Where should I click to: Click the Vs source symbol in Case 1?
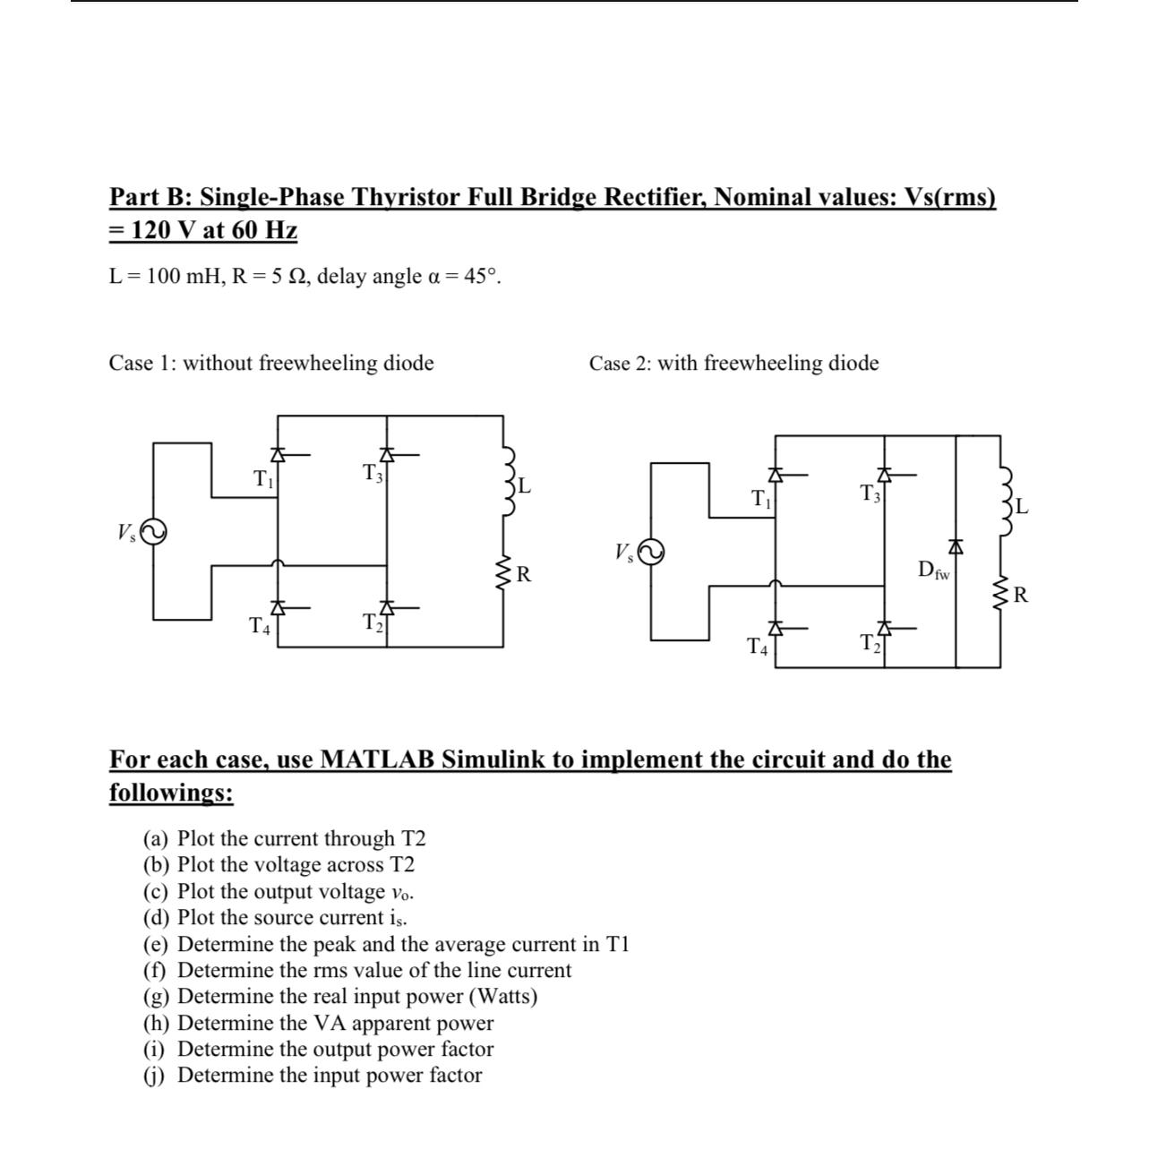coord(152,532)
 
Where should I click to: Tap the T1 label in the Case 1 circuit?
coord(262,478)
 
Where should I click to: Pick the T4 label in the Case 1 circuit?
coord(259,626)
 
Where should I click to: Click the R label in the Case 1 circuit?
coord(525,574)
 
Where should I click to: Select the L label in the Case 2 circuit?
coord(1022,508)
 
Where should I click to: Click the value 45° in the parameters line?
coord(482,277)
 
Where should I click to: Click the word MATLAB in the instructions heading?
coord(378,759)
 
